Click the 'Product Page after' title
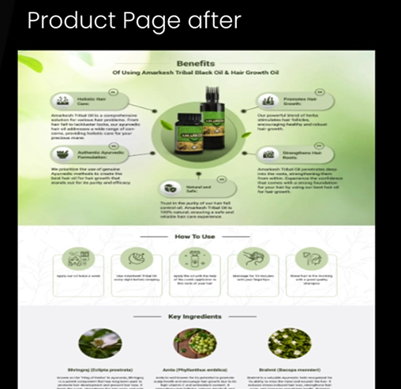(x=133, y=21)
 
